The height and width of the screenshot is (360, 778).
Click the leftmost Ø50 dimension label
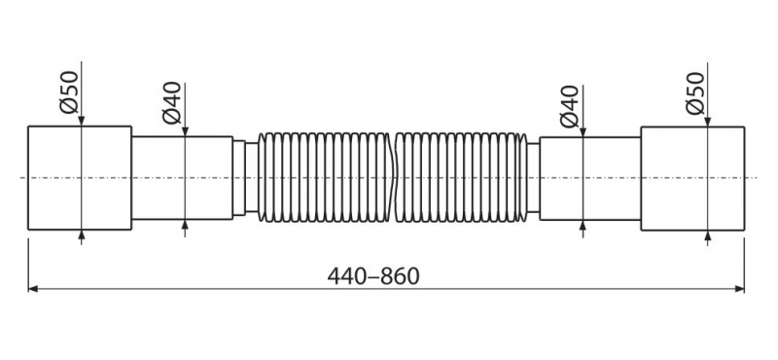(x=69, y=92)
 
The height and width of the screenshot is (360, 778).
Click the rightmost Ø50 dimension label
(x=695, y=93)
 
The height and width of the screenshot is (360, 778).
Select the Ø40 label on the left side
(x=172, y=103)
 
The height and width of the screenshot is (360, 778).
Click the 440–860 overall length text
(x=373, y=276)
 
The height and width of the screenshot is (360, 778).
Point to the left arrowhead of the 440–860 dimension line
(x=33, y=289)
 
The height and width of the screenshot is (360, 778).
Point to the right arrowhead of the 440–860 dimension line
(x=739, y=289)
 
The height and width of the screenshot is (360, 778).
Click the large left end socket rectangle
(x=80, y=178)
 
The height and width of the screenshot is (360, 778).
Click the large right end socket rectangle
(x=692, y=179)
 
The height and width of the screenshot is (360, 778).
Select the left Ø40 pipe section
(x=182, y=178)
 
